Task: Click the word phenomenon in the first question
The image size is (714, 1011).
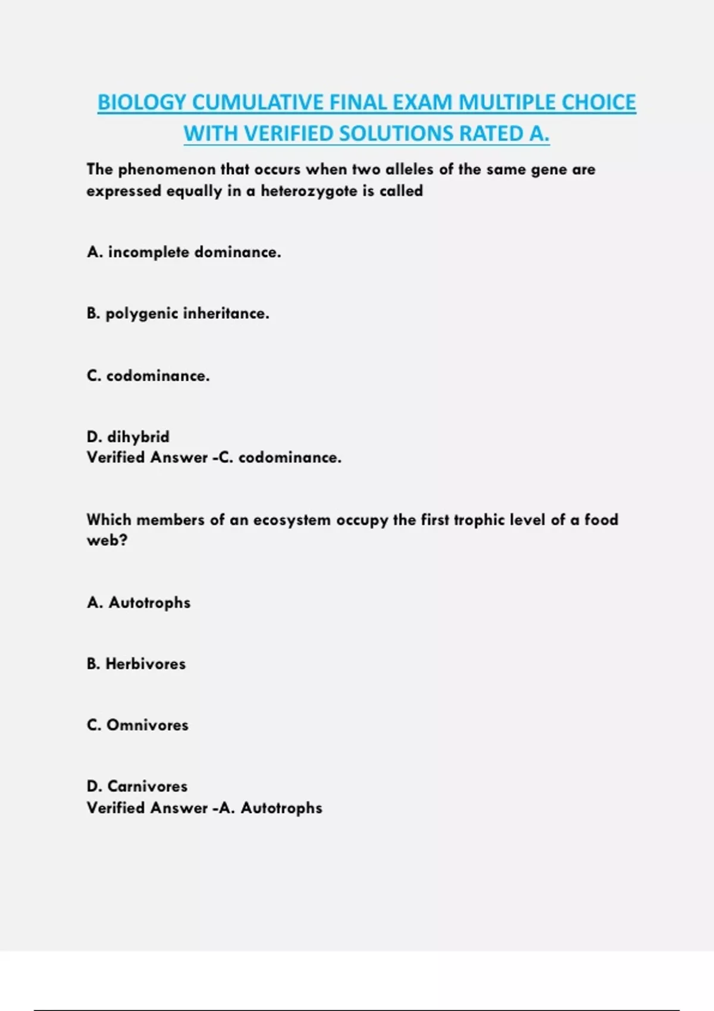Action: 167,170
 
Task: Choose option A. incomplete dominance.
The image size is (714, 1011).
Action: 184,252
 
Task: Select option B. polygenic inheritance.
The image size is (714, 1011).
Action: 178,313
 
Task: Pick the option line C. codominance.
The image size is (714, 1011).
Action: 148,376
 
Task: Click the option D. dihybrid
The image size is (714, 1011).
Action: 128,437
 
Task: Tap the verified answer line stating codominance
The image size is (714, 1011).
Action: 214,457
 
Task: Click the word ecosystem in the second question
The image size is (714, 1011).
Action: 292,520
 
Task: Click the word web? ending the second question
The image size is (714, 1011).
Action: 107,541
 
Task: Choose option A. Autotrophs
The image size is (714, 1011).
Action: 139,603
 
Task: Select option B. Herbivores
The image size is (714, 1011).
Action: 136,664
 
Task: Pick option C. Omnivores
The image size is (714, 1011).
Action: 137,725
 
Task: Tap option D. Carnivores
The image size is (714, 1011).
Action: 137,786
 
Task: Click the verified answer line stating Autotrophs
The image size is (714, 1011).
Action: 205,808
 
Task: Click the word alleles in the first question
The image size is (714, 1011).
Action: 409,170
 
